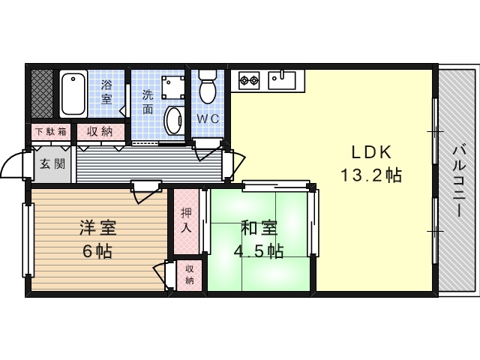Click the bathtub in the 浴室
73,93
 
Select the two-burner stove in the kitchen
249,80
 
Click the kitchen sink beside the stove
282,80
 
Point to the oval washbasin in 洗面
173,120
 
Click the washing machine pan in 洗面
173,87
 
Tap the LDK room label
371,152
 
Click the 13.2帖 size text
371,175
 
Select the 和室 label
259,228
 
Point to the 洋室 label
98,228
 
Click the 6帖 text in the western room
97,251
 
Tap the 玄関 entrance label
52,164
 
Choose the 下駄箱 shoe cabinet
51,132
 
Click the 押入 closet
186,221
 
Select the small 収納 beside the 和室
190,275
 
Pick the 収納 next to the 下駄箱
100,132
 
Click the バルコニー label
459,181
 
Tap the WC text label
208,118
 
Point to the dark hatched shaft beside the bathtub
42,94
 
